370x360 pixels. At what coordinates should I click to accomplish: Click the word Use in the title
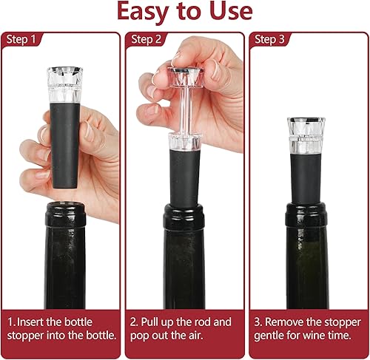point(231,11)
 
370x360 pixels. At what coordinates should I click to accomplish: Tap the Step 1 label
point(21,39)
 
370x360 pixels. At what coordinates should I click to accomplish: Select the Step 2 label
point(146,39)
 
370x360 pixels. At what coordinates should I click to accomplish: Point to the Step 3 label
point(269,39)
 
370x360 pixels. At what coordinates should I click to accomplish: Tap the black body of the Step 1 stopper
point(65,146)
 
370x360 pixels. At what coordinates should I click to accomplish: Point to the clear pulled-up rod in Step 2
point(185,110)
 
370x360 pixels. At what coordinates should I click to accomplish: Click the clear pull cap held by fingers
point(186,77)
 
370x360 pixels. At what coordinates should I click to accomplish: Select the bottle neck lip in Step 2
point(184,217)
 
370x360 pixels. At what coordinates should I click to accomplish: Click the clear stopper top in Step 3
point(306,135)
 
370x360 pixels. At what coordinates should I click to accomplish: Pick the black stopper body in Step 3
point(306,178)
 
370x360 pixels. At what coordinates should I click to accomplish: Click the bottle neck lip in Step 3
point(306,214)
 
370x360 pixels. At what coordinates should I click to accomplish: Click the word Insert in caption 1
point(30,322)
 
